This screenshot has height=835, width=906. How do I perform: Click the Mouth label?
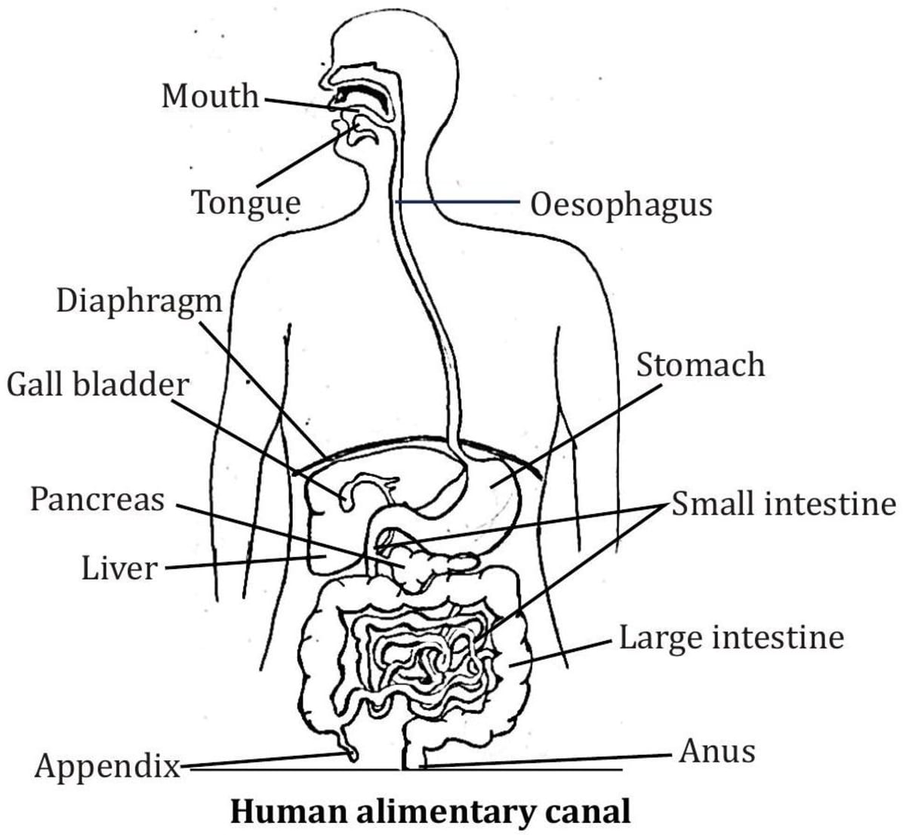(210, 97)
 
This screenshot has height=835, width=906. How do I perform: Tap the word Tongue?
(245, 203)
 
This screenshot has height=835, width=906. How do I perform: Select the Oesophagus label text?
(621, 205)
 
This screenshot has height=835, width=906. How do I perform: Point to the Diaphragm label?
(140, 301)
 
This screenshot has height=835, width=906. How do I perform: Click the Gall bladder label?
(97, 385)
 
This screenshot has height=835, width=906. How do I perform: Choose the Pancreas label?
(97, 499)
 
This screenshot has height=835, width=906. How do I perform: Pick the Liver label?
(120, 568)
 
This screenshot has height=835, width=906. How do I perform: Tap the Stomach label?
(700, 365)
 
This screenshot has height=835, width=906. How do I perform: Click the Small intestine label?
(784, 504)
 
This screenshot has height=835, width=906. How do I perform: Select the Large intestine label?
(731, 638)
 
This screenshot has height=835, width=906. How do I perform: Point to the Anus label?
(716, 752)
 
